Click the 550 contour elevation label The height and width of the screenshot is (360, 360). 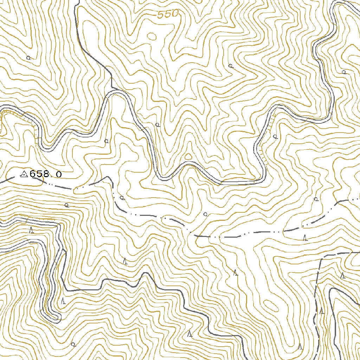tap(168, 14)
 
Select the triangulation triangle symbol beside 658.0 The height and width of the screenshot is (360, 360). tap(24, 174)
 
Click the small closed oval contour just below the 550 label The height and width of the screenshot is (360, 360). tap(152, 36)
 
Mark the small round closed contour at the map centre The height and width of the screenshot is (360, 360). tap(188, 156)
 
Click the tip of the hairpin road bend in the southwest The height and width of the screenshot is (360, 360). tap(56, 318)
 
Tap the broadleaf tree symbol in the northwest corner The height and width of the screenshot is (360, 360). tap(28, 58)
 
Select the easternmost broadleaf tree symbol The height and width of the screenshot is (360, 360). tap(344, 72)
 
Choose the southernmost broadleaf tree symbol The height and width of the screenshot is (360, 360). tap(73, 344)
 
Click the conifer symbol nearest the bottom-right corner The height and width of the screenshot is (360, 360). tap(300, 346)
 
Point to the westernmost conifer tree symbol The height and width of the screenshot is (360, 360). tap(31, 230)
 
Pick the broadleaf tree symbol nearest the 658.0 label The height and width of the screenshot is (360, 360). tap(66, 204)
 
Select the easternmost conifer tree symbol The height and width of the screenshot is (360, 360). tap(343, 275)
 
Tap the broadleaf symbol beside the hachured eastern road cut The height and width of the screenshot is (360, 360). tap(275, 136)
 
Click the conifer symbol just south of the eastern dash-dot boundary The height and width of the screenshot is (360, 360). tap(305, 238)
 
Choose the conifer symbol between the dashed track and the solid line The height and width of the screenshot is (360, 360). tap(322, 311)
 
